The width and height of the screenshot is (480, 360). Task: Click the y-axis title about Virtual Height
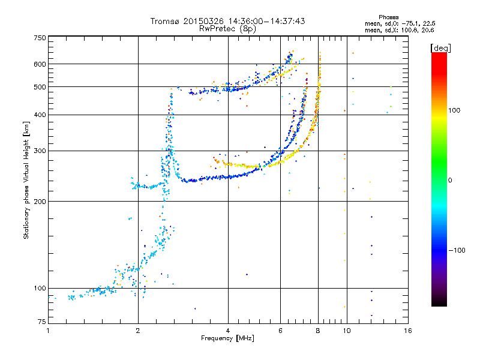coord(26,180)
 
